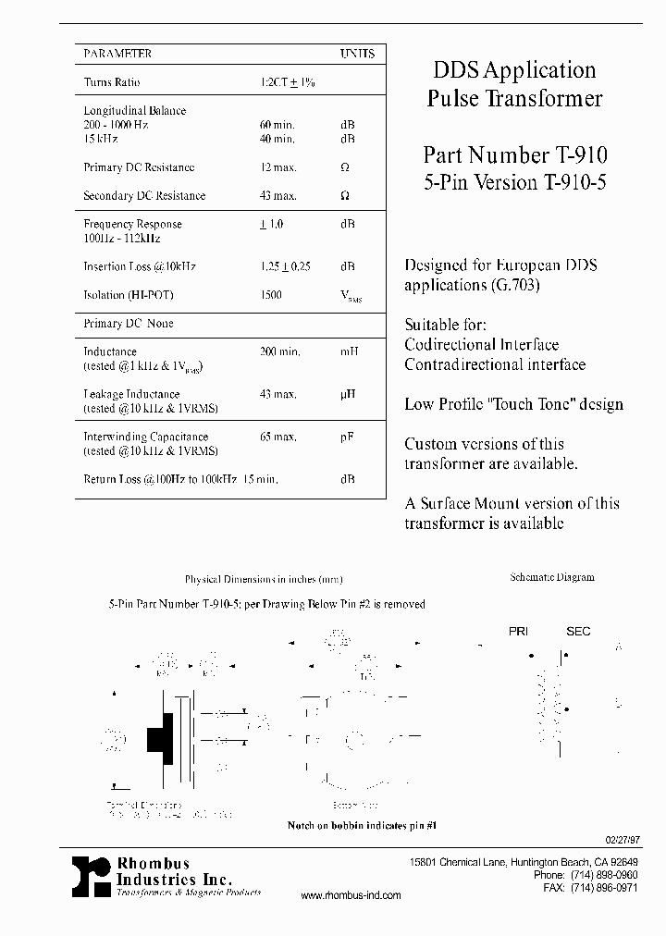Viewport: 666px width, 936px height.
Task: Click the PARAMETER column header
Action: pos(117,54)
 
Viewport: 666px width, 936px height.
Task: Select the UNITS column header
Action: pos(357,54)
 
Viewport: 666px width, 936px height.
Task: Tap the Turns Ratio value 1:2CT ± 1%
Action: pos(288,82)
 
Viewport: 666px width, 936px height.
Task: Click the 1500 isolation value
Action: pos(272,295)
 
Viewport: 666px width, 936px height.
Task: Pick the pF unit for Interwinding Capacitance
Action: pos(347,437)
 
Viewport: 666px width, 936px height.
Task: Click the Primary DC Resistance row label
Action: pos(139,167)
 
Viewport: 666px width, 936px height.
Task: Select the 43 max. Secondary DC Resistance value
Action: pos(278,195)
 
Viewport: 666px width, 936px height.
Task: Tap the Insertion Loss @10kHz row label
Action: pos(140,266)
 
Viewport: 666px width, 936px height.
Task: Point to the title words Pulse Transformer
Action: pos(514,99)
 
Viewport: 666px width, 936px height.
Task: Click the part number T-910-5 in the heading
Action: pos(570,182)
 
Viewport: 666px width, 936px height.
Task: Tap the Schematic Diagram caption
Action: pos(552,577)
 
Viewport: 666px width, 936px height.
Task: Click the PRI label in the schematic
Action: pos(519,632)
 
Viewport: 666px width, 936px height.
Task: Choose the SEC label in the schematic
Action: pos(578,632)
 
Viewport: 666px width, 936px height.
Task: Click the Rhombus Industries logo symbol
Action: pos(92,876)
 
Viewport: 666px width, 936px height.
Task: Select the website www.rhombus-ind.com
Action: pos(351,895)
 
